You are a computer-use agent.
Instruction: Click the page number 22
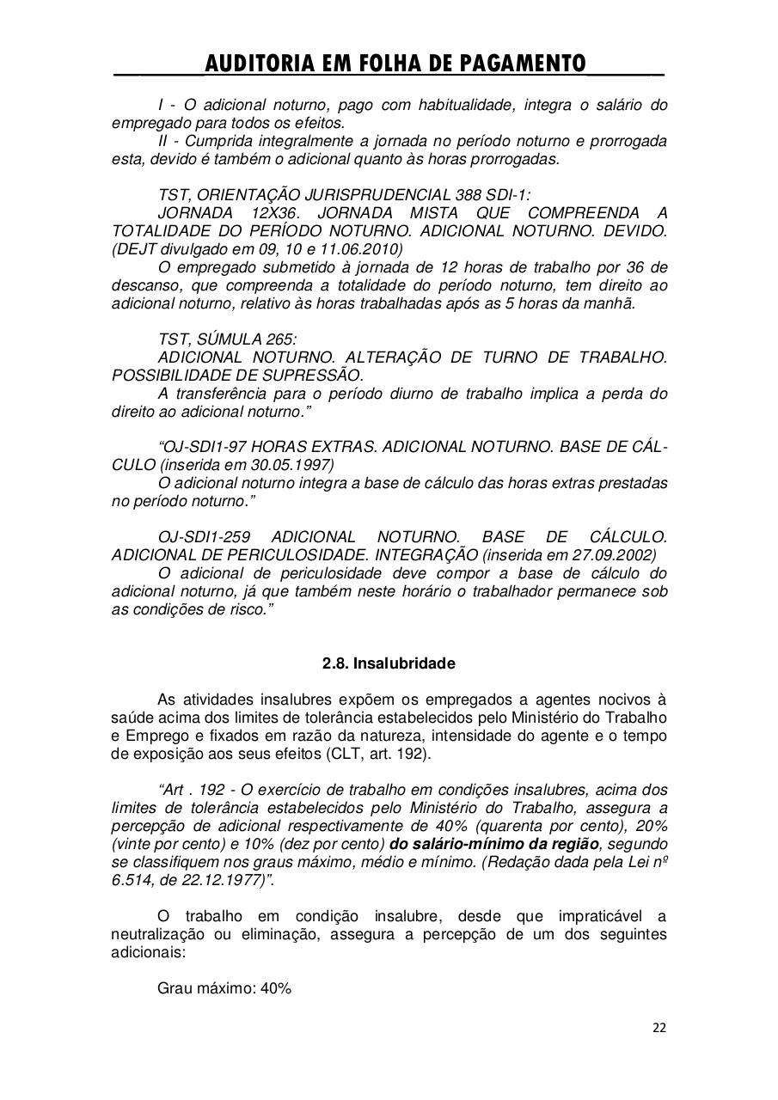(659, 1027)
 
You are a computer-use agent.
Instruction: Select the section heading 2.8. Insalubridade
(389, 664)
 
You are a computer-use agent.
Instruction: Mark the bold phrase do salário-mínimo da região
(494, 844)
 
